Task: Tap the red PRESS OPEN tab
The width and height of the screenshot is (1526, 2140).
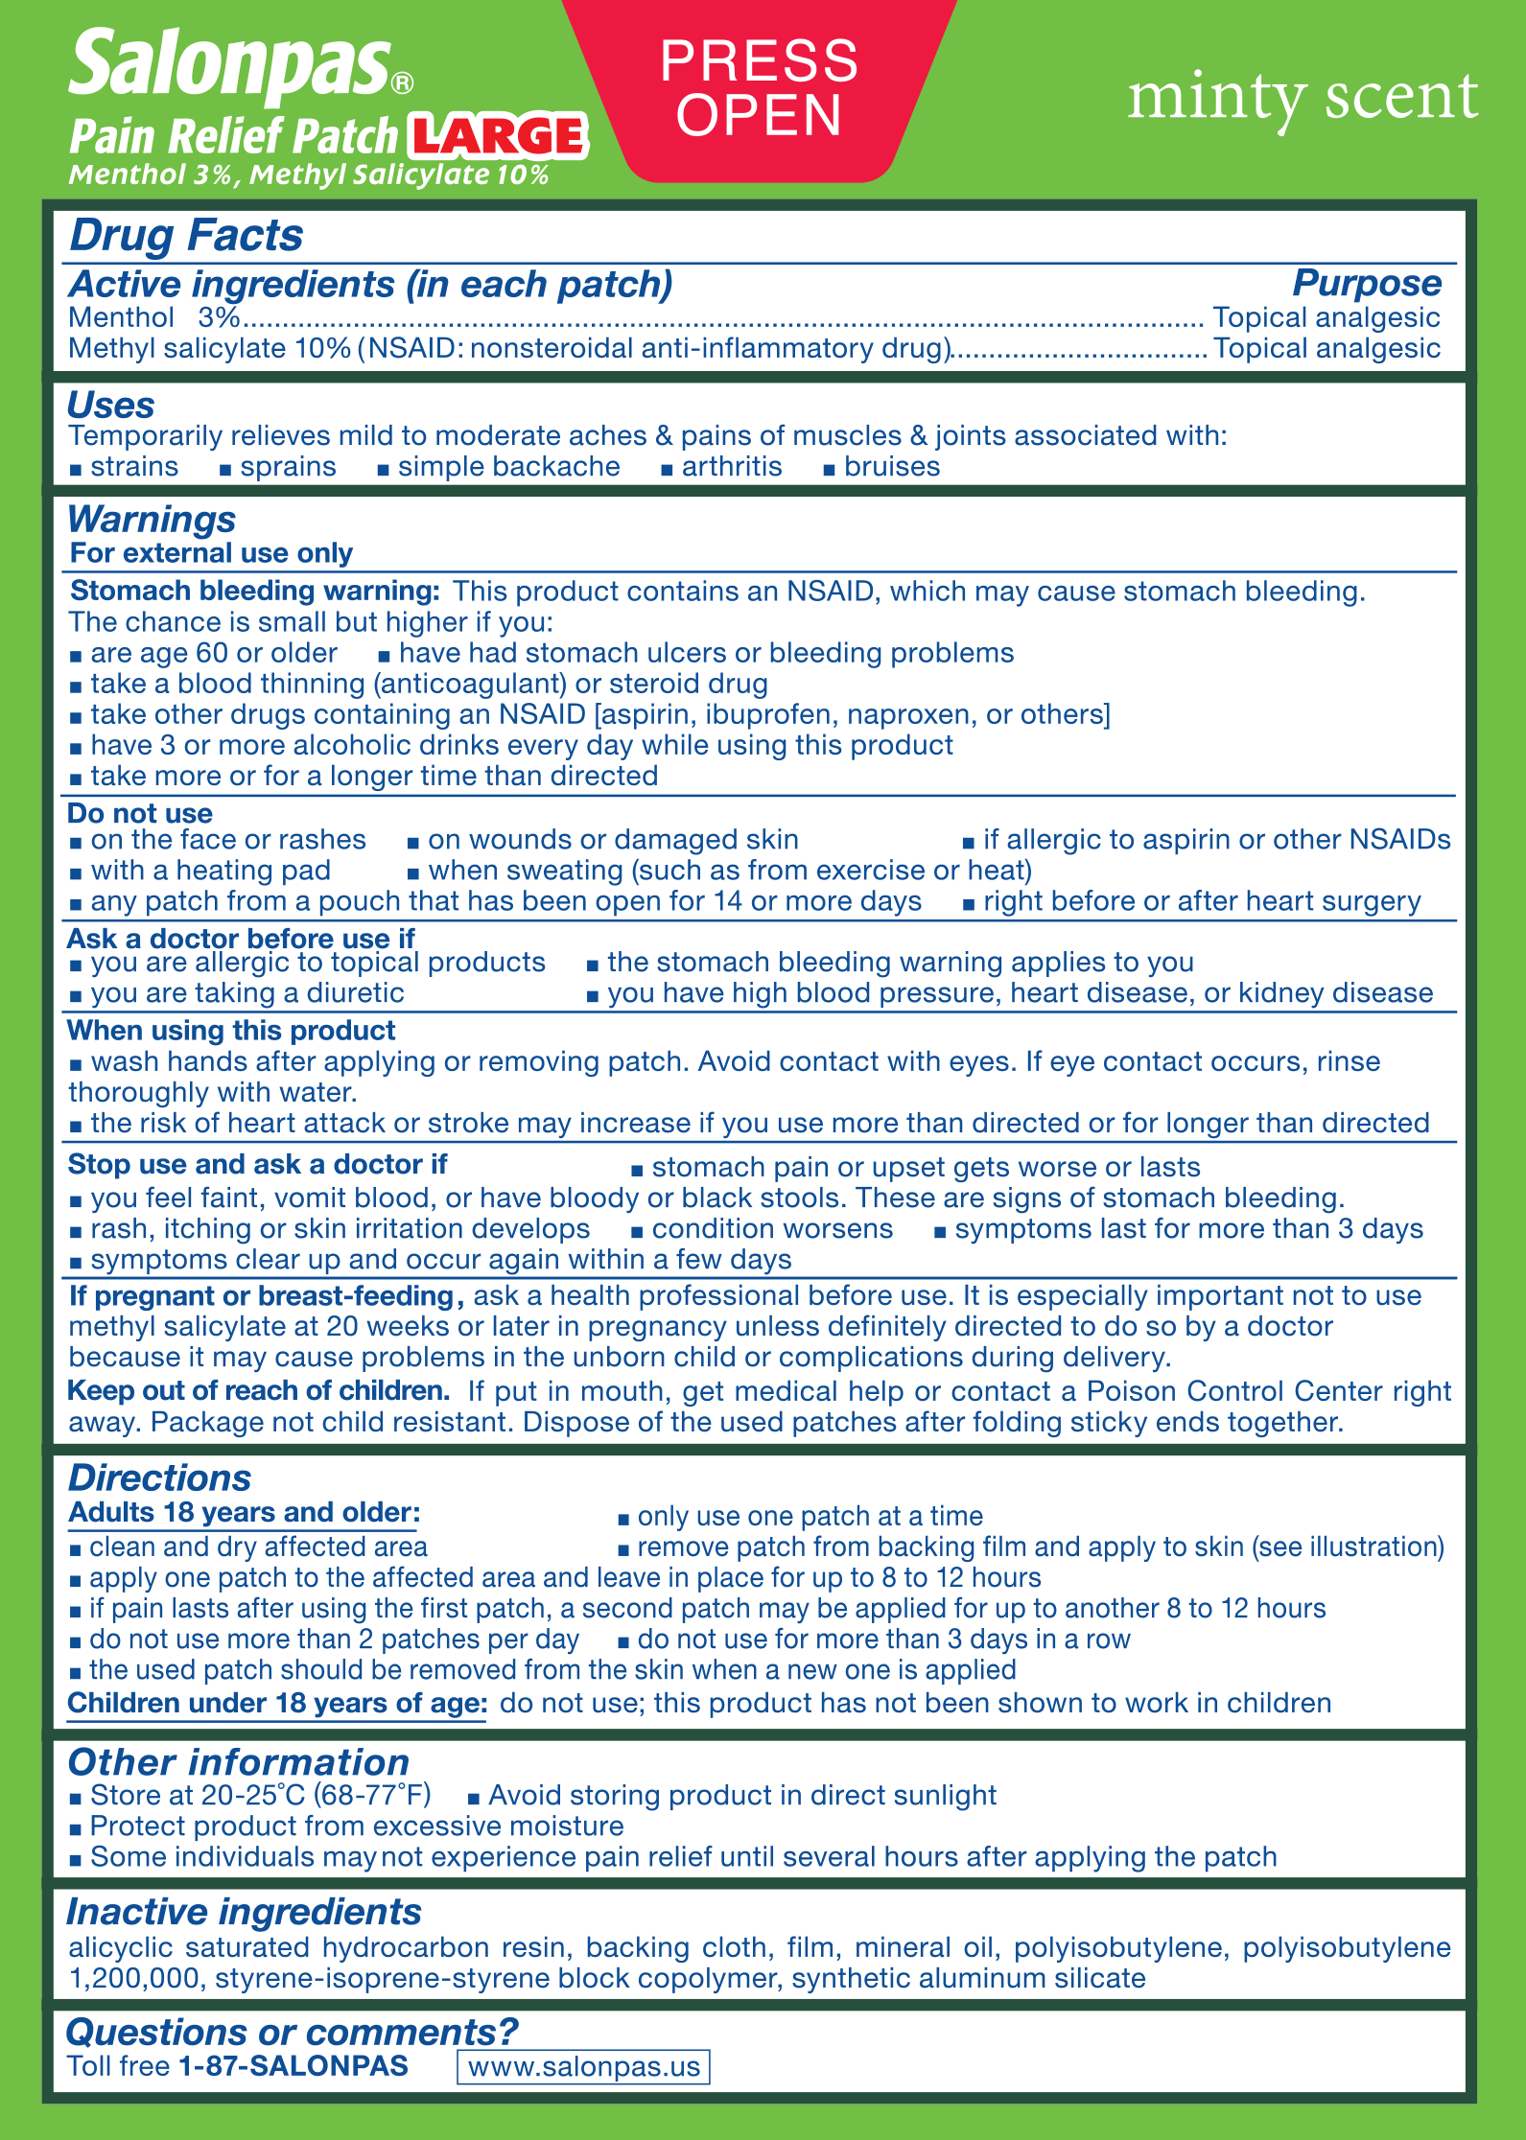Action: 759,88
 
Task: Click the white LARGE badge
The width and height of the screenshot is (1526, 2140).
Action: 497,136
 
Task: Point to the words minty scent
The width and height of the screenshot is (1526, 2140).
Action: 1302,98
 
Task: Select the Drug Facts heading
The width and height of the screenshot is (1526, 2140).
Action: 186,236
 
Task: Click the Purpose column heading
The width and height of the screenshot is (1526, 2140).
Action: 1366,284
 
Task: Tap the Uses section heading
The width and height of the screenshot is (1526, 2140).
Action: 110,406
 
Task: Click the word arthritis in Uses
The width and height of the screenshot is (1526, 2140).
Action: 731,467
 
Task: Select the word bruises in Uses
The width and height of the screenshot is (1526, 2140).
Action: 891,467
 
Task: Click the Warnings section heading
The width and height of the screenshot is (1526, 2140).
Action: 151,520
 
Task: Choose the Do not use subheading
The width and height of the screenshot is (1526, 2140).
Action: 140,813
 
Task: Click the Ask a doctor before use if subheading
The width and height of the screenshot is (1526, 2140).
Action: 241,938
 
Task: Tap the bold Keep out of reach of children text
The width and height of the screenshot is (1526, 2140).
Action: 259,1390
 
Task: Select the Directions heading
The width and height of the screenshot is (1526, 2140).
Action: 159,1477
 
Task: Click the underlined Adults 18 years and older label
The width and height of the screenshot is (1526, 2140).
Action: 245,1512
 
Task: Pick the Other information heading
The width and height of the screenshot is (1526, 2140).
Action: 238,1762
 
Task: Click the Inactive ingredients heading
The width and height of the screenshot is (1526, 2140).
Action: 244,1912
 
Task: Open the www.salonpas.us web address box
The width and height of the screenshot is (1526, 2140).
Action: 583,2066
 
